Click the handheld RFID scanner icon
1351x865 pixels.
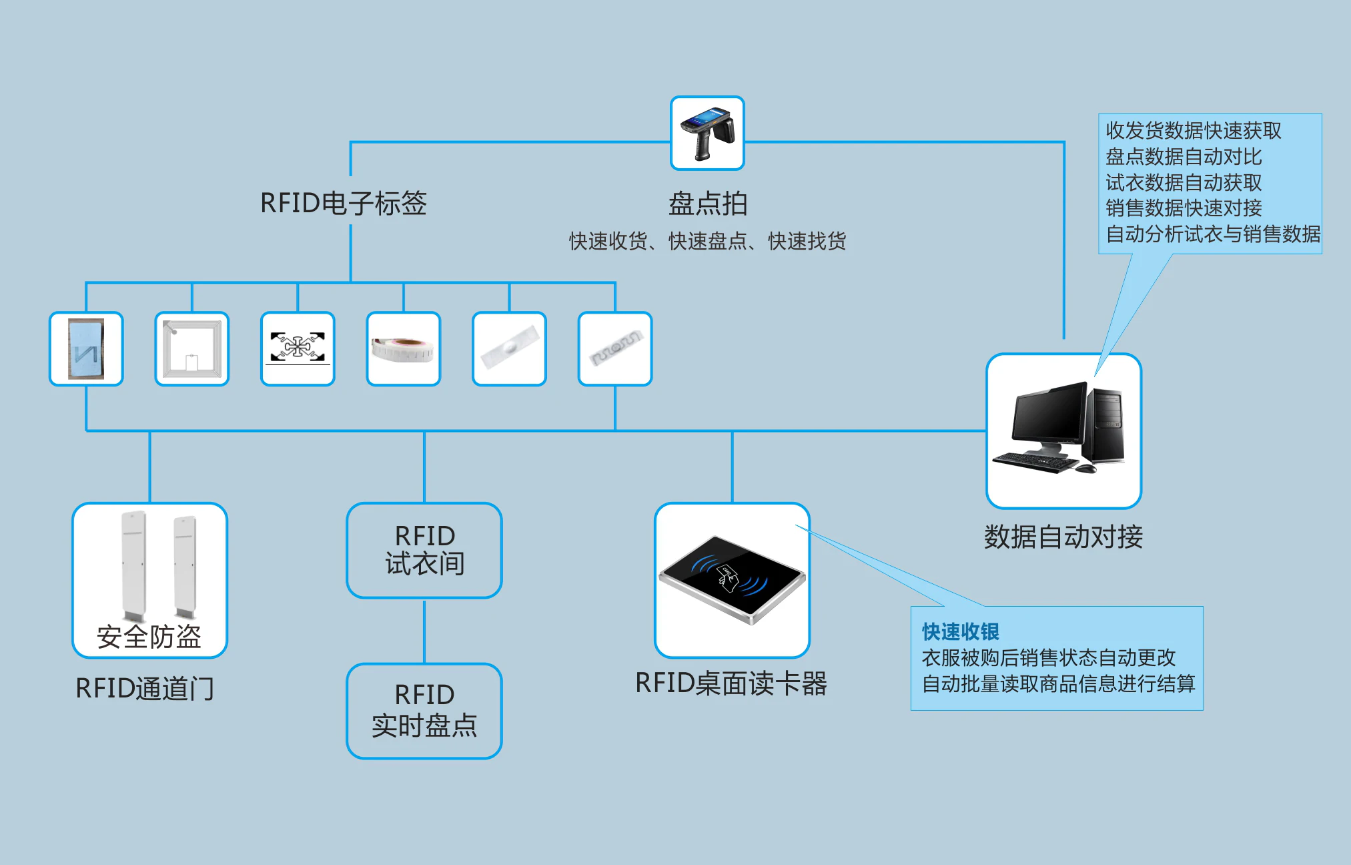click(707, 133)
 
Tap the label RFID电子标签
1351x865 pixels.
click(343, 204)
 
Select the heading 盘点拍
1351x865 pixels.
click(708, 204)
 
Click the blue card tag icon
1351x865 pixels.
click(86, 349)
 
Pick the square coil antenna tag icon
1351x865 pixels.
click(192, 349)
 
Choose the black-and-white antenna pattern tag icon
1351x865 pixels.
click(298, 348)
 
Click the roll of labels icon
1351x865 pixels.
click(403, 349)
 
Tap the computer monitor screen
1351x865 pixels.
click(1048, 415)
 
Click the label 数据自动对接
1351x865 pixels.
click(1063, 537)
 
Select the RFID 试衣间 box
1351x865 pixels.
click(424, 550)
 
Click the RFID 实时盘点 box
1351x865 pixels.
click(424, 711)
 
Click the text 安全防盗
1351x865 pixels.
click(149, 637)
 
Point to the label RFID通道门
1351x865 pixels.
click(145, 688)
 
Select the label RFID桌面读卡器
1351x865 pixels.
click(731, 683)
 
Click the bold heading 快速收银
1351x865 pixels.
click(960, 631)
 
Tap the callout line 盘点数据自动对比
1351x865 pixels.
click(1184, 157)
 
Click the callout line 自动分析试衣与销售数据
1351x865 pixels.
click(1213, 234)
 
